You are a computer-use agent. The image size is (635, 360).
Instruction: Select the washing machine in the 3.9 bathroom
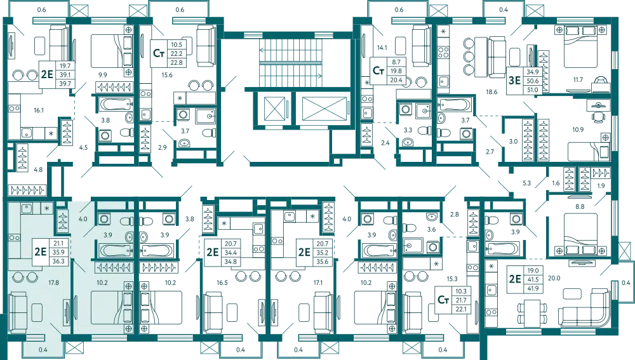(x=104, y=220)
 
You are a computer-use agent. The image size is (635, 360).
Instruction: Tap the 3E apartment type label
(x=513, y=80)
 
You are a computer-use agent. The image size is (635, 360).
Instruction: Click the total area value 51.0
(x=531, y=90)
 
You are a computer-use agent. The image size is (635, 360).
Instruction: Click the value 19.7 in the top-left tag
(x=63, y=66)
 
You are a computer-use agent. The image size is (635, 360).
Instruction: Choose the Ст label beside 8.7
(x=379, y=70)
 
